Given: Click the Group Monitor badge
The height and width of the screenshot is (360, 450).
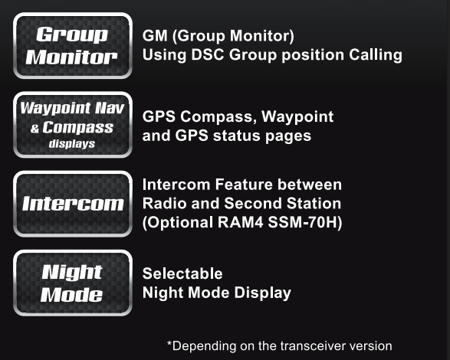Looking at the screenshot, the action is [73, 46].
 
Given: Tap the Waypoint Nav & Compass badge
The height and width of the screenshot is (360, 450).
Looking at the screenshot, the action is [73, 125].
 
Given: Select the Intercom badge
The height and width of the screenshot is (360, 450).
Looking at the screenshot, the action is [73, 204].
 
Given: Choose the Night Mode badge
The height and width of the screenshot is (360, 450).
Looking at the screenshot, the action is [73, 283].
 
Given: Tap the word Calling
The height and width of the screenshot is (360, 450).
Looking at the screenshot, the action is [376, 55].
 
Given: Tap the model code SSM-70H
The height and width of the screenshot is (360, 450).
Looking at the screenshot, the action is [305, 222].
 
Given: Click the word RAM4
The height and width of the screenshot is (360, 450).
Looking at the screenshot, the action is [240, 222].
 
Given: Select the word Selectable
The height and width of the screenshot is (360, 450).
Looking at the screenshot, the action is [182, 273].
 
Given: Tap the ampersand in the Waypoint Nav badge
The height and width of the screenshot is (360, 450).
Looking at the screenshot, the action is [34, 129].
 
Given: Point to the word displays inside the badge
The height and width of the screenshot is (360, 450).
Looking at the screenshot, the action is [72, 144].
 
